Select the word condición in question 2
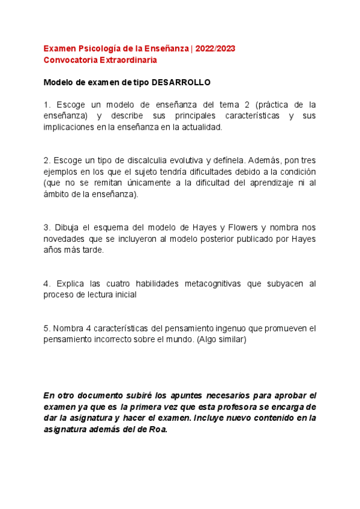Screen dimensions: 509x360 295,172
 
